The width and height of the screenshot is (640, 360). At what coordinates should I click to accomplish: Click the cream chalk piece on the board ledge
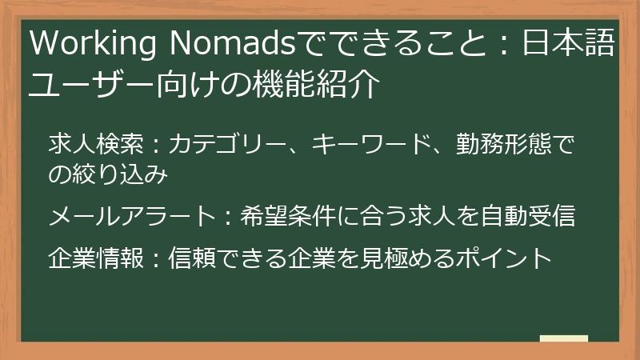[563, 338]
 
